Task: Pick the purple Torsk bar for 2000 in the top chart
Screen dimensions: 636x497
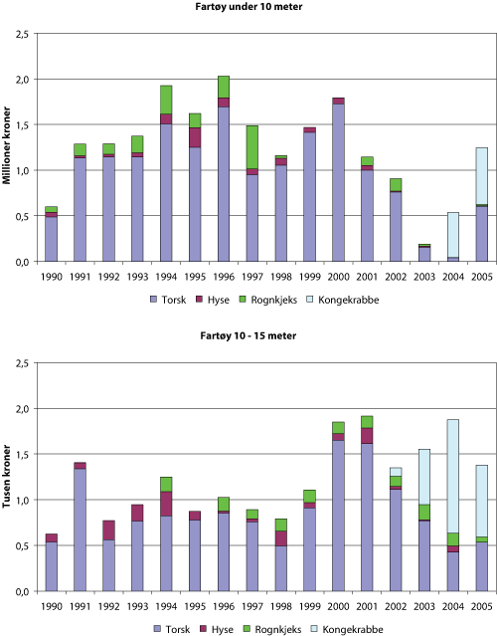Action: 338,181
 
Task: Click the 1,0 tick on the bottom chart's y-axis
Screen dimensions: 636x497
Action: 22,500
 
